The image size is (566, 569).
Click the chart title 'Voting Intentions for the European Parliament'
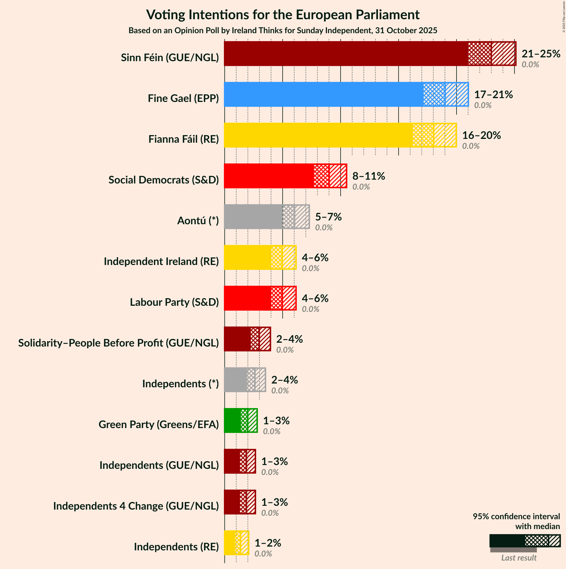point(283,15)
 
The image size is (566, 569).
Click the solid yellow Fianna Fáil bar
point(318,135)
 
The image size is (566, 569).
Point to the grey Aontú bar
point(253,217)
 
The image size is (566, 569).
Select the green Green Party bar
point(232,420)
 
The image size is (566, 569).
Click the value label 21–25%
point(541,54)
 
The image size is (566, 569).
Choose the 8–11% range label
point(368,176)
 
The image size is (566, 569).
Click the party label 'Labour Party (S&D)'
point(174,302)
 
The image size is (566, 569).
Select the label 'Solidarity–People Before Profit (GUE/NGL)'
point(118,343)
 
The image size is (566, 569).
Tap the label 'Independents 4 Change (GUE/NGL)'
point(136,506)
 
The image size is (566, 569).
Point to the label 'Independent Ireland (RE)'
point(161,261)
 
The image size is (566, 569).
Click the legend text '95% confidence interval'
point(516,517)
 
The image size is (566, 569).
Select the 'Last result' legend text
point(519,558)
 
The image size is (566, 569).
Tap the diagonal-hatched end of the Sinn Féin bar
point(503,54)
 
